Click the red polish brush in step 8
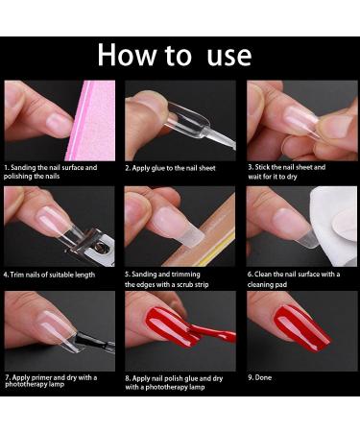coord(213,335)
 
